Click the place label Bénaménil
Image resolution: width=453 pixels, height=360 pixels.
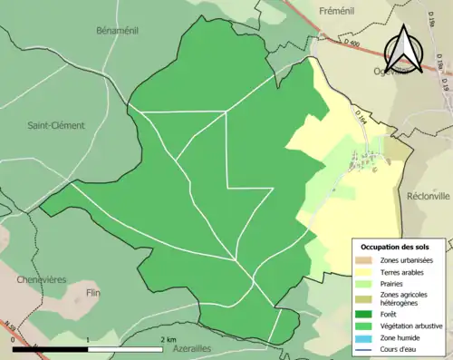[x=115, y=30]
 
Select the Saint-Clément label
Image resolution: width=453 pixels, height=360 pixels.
[x=55, y=125]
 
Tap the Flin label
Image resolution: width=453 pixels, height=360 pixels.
[x=92, y=293]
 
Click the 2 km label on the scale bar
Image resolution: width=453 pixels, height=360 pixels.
[x=169, y=339]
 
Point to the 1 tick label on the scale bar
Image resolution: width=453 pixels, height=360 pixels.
[x=87, y=339]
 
